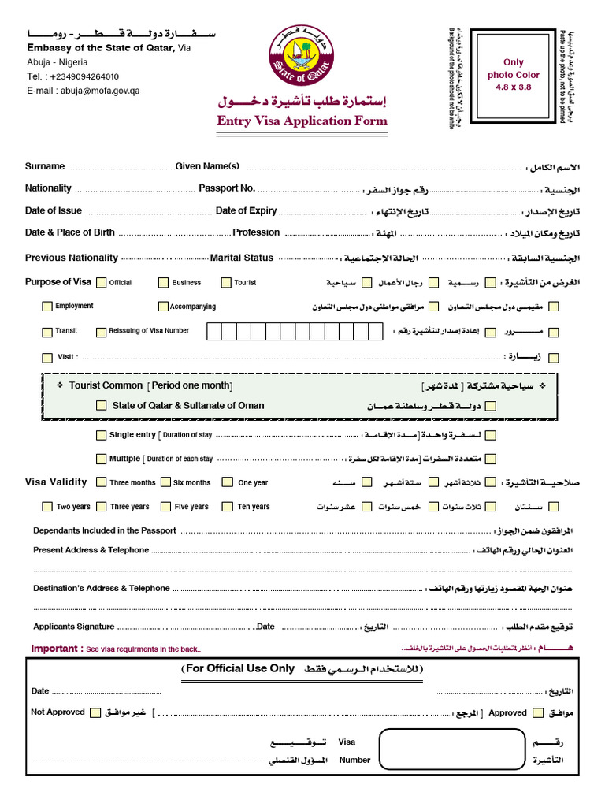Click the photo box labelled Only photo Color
[513, 74]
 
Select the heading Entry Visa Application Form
[302, 121]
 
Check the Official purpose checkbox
[100, 283]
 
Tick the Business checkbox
[163, 283]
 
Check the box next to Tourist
[226, 283]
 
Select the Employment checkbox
[47, 307]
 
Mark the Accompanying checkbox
[163, 307]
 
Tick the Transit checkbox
[47, 332]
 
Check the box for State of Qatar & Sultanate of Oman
[101, 406]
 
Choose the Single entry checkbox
[101, 435]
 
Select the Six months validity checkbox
[165, 482]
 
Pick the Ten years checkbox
[227, 507]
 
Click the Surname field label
[45, 166]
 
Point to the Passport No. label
[227, 188]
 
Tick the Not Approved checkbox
[95, 713]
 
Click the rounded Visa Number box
[451, 749]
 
